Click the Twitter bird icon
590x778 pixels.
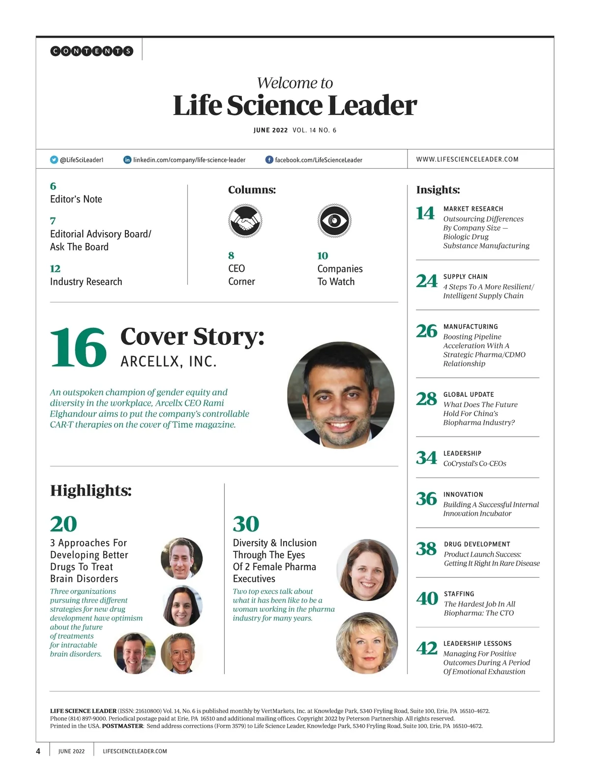(x=54, y=160)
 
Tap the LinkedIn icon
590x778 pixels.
(x=127, y=160)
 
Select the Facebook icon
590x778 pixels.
(x=269, y=160)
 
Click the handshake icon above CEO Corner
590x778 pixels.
(x=245, y=221)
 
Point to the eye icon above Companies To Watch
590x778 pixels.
(x=334, y=221)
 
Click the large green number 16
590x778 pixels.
(x=78, y=348)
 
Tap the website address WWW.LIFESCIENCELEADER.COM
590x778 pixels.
(x=467, y=159)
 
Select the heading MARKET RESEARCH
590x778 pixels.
(x=473, y=209)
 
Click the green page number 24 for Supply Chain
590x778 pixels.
(x=426, y=281)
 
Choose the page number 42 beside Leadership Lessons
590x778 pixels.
(x=426, y=648)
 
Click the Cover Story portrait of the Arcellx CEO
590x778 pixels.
(x=341, y=395)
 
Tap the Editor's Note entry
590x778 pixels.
(x=76, y=199)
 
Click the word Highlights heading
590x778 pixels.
(x=91, y=490)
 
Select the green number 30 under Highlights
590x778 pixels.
(x=246, y=524)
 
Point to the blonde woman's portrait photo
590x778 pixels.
(x=367, y=643)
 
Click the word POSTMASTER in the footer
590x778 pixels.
(x=122, y=726)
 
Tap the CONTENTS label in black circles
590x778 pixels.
(x=91, y=51)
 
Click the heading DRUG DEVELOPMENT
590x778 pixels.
(x=477, y=544)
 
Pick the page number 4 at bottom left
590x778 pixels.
(x=38, y=751)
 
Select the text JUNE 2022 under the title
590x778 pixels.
(x=270, y=130)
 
